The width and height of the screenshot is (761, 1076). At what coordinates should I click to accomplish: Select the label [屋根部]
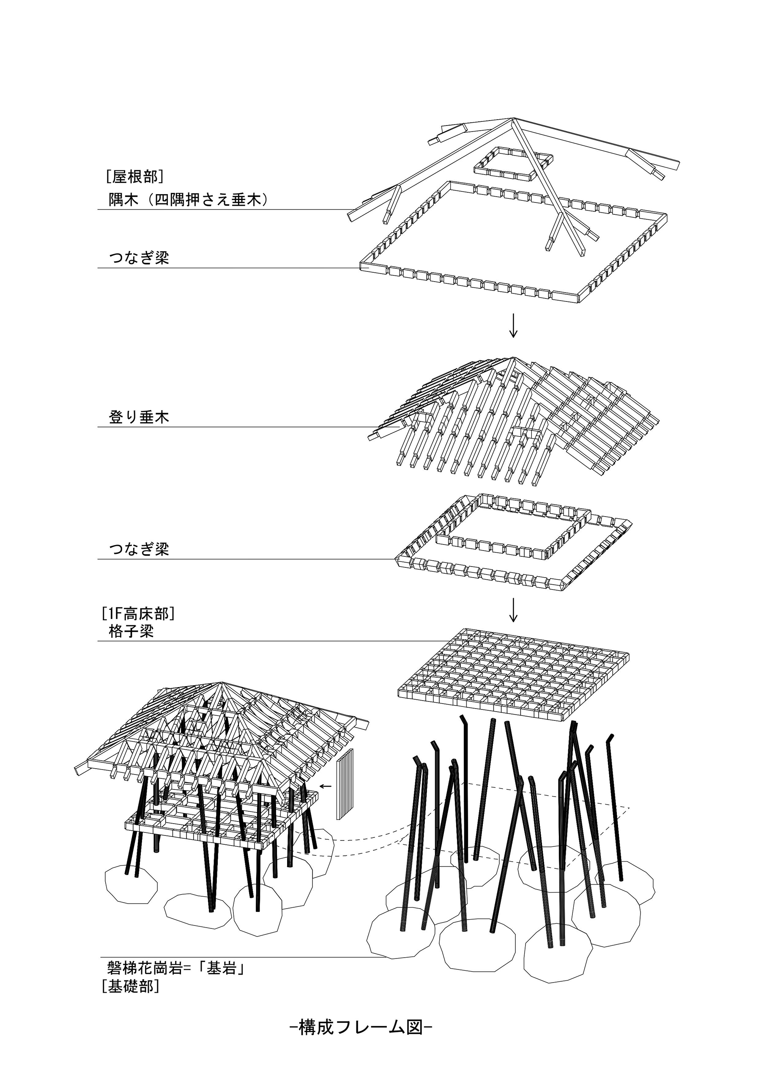(x=134, y=177)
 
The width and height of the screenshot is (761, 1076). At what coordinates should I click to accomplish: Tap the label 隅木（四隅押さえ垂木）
(x=189, y=200)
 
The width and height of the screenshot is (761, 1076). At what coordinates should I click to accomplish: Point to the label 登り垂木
(x=139, y=417)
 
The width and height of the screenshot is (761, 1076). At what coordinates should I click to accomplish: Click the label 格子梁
(x=131, y=632)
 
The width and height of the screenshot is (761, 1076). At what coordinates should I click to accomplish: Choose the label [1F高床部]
(x=138, y=613)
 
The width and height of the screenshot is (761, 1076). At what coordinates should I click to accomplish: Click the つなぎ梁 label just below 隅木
(x=139, y=258)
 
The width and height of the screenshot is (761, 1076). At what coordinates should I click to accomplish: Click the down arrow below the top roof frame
(x=513, y=326)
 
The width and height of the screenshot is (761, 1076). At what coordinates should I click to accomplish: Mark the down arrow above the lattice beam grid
(x=513, y=610)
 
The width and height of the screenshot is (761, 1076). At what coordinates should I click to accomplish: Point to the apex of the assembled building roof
(x=222, y=683)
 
